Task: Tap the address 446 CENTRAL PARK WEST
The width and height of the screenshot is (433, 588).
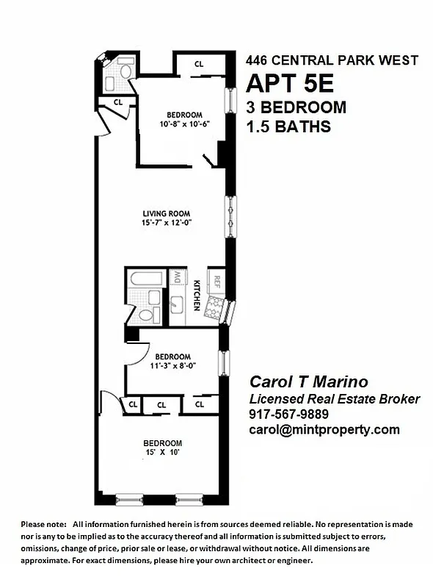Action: (x=332, y=60)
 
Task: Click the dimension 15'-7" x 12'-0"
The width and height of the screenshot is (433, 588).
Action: (x=167, y=224)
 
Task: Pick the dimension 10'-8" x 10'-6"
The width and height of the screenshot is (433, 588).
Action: (x=184, y=124)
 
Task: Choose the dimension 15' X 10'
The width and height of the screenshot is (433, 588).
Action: (x=162, y=452)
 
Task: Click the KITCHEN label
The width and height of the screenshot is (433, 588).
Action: (x=197, y=294)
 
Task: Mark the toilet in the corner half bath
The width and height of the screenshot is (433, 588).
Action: (x=125, y=73)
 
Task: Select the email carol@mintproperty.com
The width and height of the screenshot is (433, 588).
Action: (x=324, y=429)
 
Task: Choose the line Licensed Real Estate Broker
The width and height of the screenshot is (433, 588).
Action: (x=335, y=398)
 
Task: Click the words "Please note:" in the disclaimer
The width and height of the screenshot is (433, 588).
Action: (x=43, y=524)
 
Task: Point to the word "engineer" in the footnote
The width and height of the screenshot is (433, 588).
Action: (x=295, y=560)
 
